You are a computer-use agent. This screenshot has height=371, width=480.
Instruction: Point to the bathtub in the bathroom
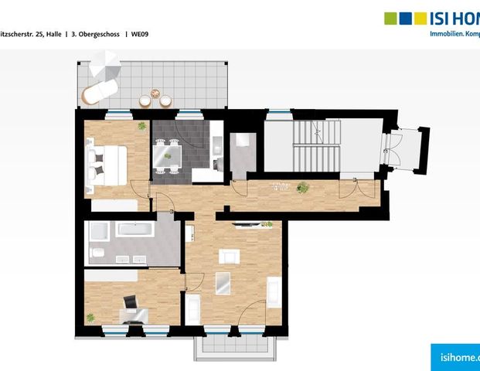[134, 230]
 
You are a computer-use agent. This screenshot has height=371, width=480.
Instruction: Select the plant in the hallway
[302, 186]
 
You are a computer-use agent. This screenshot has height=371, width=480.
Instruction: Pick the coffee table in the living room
[223, 284]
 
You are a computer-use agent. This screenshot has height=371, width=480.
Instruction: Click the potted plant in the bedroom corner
[141, 125]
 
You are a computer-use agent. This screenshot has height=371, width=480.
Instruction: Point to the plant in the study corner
[90, 317]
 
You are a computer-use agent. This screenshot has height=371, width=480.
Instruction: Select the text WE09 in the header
[140, 34]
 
